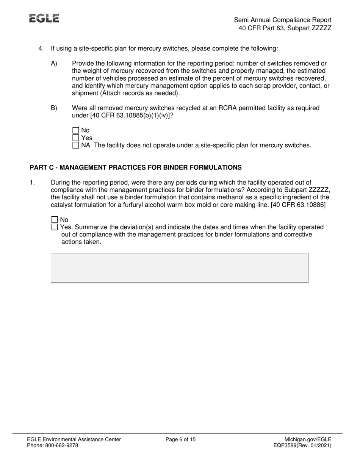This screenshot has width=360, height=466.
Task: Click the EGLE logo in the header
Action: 44,19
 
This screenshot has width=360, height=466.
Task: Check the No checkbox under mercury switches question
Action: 75,131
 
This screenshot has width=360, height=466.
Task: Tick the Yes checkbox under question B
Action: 75,138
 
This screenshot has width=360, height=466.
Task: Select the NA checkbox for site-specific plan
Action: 75,145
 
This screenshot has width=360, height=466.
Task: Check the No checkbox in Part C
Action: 55,220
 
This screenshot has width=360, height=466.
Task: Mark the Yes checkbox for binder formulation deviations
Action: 55,227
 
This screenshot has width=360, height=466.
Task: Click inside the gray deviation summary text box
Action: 179,268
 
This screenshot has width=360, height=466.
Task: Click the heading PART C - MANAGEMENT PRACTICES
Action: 135,167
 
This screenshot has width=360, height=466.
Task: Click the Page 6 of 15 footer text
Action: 181,439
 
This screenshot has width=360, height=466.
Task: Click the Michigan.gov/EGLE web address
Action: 308,439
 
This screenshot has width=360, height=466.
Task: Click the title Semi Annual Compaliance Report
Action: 282,20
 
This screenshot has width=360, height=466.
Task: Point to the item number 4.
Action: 41,48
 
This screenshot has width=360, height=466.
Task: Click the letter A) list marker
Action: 54,64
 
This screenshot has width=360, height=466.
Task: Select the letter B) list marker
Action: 54,108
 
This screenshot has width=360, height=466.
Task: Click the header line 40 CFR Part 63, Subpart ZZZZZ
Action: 285,28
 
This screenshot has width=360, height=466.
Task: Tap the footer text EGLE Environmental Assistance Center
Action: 74,439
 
